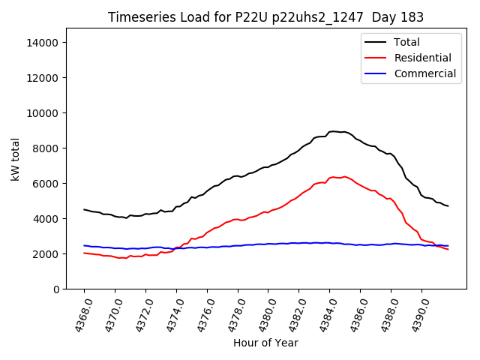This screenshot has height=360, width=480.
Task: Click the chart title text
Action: point(265,17)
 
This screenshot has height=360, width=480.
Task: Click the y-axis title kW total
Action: point(16,159)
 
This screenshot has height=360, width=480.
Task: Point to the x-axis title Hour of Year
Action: point(265,343)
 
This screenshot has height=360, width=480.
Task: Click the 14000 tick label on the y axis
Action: point(42,43)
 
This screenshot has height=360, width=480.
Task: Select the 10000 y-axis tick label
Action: point(42,113)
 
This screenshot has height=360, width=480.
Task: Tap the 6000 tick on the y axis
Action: point(45,184)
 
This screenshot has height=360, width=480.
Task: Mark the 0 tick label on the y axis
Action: point(55,289)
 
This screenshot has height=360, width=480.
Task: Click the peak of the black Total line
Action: point(334,131)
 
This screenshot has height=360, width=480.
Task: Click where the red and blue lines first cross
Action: point(176,248)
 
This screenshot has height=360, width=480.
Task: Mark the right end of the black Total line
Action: point(448,206)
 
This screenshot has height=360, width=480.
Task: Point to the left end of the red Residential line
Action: point(84,253)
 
